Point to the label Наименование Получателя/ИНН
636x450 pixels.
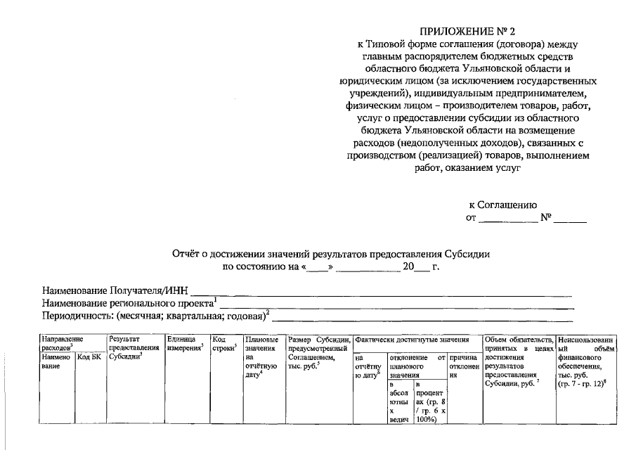point(116,290)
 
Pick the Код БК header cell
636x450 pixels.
point(90,358)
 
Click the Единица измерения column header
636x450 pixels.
point(185,343)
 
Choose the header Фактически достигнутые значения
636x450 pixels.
point(415,339)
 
